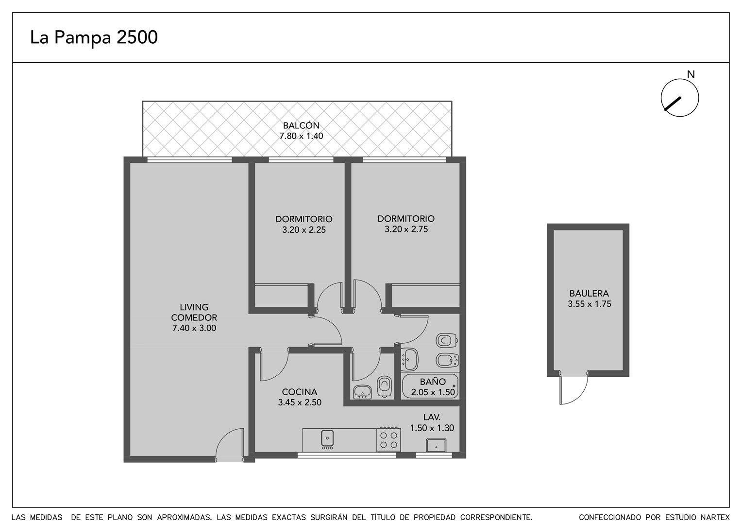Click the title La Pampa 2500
(94, 38)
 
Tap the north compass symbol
(680, 98)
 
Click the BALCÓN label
(301, 126)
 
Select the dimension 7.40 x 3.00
(194, 328)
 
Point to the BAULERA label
(589, 294)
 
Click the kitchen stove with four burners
(388, 440)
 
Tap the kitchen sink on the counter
(327, 438)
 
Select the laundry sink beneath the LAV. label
(436, 445)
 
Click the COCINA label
(300, 392)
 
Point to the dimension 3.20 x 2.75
(406, 229)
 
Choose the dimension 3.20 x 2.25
(304, 230)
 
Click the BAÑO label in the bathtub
(433, 382)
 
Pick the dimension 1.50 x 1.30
(432, 428)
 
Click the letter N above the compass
(691, 75)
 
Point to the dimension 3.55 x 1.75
(590, 304)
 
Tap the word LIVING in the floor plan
(194, 307)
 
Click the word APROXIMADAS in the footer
(185, 517)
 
